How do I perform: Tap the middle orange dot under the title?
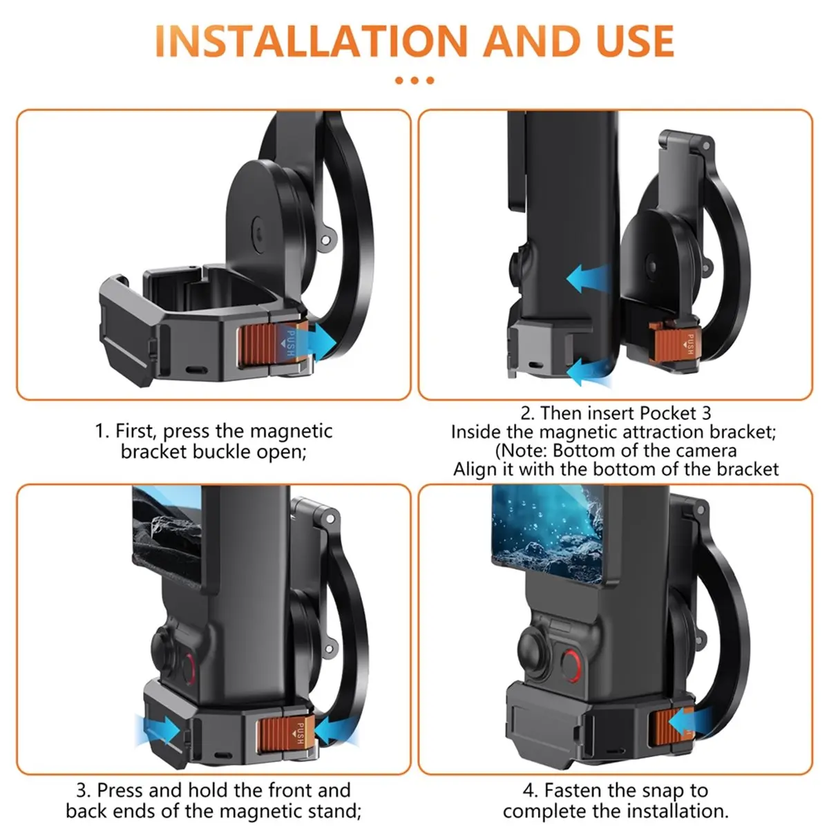click(x=414, y=80)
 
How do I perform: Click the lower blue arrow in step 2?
click(x=587, y=371)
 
